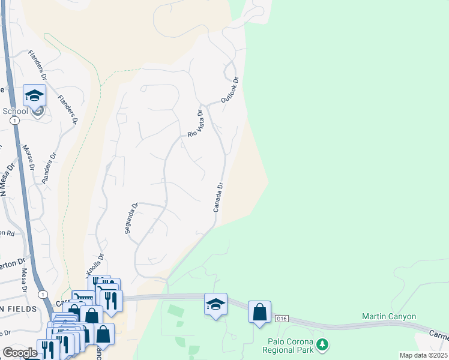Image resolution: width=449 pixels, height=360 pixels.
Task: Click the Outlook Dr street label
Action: [230, 89]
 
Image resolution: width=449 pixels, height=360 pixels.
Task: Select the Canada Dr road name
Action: [218, 197]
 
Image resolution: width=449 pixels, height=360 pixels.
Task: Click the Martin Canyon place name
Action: [389, 316]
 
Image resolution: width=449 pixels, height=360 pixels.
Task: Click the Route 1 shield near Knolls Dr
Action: [43, 295]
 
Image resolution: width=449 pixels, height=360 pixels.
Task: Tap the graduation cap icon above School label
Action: [34, 95]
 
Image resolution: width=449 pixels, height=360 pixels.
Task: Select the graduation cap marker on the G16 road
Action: [215, 304]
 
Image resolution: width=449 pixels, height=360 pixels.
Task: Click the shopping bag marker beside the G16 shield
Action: [259, 312]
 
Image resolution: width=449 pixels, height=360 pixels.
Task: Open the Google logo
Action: [19, 353]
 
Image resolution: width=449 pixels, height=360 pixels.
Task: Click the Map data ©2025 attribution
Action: [423, 355]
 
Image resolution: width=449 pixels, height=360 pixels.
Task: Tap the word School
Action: [16, 111]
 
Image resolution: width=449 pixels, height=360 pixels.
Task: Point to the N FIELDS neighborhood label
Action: [19, 308]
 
